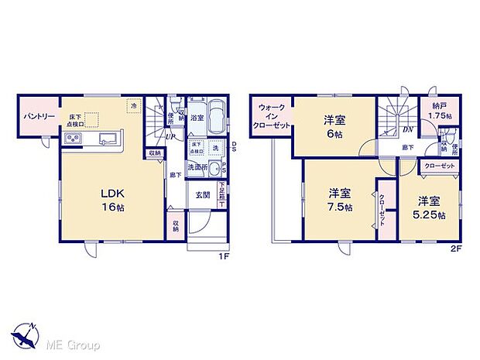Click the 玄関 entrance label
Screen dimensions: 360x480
203,194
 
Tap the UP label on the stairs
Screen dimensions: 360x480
169,136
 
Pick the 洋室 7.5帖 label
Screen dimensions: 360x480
340,199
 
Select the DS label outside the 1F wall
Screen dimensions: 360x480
233,147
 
